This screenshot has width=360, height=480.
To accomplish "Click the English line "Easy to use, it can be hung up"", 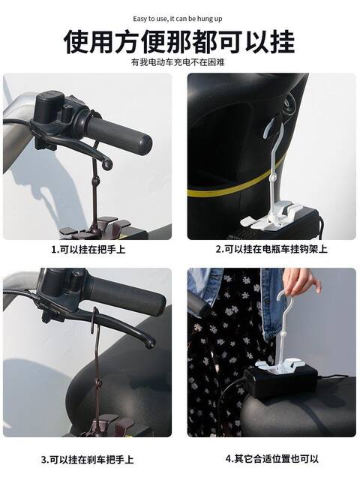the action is click(x=178, y=19).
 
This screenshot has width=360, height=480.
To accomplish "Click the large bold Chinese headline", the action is click(x=180, y=41).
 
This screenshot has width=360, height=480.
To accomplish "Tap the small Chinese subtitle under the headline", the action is click(x=178, y=62).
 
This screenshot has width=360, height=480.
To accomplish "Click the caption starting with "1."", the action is click(x=88, y=249).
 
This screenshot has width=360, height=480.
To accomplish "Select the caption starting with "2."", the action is click(x=271, y=249).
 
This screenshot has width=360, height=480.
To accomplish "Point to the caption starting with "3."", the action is click(x=88, y=460).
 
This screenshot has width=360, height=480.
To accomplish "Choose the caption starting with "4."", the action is click(x=271, y=458).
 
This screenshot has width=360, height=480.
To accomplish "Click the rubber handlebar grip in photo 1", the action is click(x=118, y=136).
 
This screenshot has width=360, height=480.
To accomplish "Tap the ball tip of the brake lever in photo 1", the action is click(x=107, y=165).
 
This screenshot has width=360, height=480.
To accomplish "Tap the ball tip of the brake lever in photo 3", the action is click(x=150, y=343).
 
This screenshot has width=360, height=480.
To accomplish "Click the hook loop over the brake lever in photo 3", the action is click(x=95, y=320).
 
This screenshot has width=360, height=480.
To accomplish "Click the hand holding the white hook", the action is click(x=301, y=282).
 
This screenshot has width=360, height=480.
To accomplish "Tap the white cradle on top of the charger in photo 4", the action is click(x=279, y=365).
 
